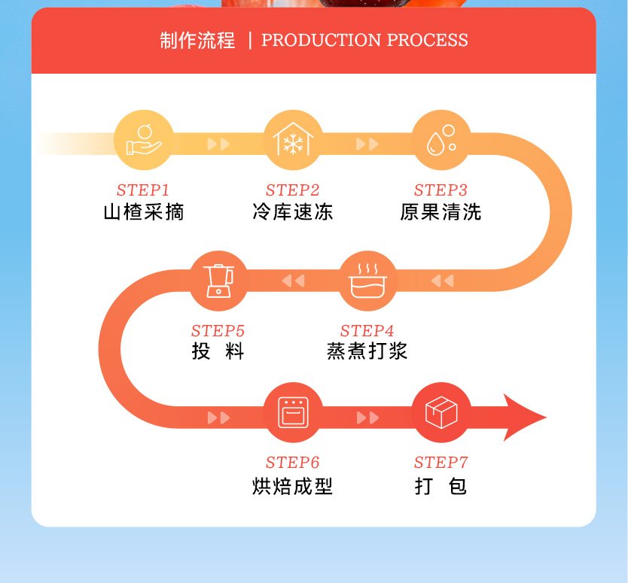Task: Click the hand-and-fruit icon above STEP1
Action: coord(143,141)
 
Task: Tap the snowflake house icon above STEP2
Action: coord(293,141)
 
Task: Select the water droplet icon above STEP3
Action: coord(441,141)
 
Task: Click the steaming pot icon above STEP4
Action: coord(367,281)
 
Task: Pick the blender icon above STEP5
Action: coord(218,281)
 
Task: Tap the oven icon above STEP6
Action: coord(293,413)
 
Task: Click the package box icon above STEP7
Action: coord(441,413)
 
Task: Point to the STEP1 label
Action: coord(143,190)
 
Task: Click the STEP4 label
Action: coord(367,331)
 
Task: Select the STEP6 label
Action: coord(293,463)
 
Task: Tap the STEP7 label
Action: coord(441,463)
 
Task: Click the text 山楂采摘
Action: coord(143,212)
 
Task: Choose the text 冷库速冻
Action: coord(293,212)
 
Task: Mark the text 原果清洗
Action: coord(441,212)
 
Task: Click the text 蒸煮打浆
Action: coord(367,351)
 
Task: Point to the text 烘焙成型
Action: coord(293,487)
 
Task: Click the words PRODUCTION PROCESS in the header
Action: coord(364,41)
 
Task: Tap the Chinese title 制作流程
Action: coord(198,41)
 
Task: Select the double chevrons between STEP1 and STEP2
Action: coord(218,144)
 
